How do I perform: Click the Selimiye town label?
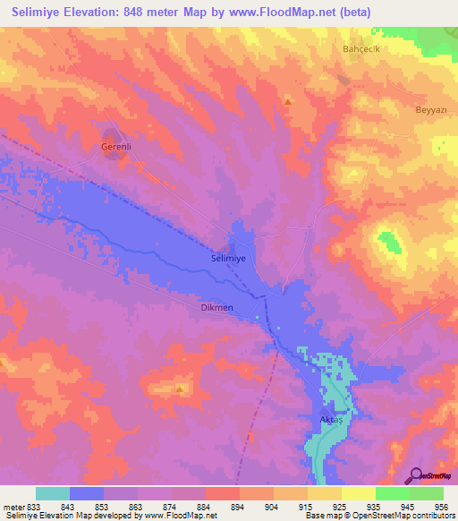228,257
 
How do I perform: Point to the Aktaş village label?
332,419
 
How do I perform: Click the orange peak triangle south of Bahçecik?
287,101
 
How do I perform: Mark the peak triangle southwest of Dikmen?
181,389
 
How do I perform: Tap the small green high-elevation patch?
388,242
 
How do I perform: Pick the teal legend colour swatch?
53,493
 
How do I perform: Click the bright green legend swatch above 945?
392,493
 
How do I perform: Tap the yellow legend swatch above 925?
324,493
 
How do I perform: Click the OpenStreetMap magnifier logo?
415,474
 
